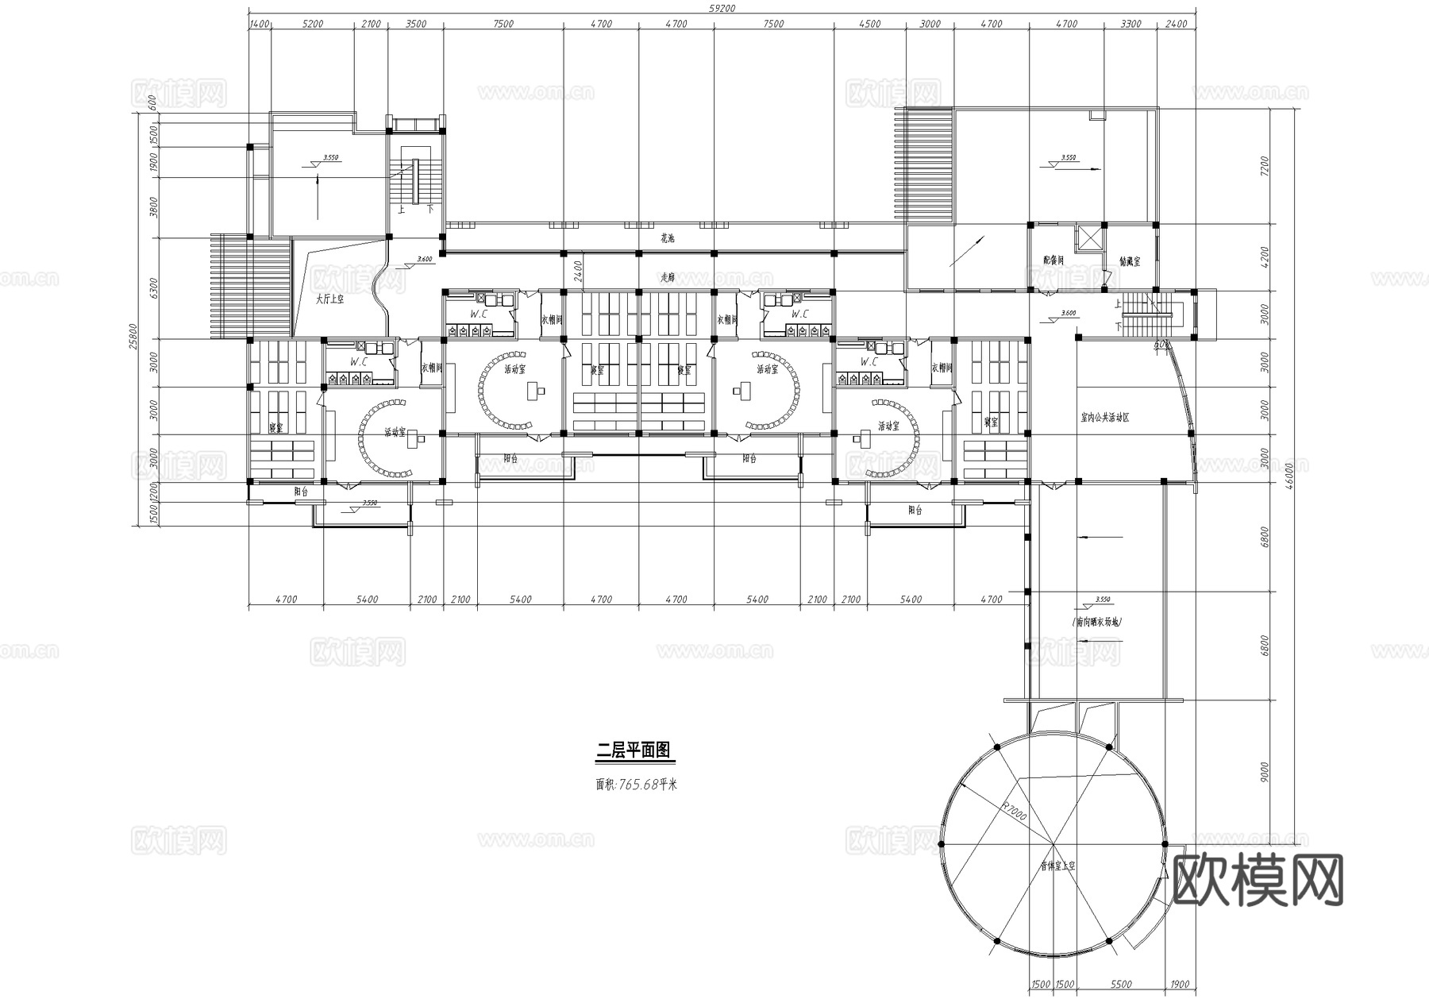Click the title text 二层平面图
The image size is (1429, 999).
(634, 750)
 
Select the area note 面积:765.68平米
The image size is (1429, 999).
(636, 785)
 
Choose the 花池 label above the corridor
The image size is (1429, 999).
(668, 238)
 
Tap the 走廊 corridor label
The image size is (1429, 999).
(668, 278)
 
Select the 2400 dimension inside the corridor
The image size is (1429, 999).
(578, 272)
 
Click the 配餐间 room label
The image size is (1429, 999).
(1053, 260)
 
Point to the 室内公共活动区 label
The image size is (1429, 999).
(1104, 417)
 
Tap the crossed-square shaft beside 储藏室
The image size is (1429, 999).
(1088, 239)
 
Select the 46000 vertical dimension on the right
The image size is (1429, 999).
(1290, 478)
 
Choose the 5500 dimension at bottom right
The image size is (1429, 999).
(1121, 985)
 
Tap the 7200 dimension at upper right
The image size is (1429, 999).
(1265, 166)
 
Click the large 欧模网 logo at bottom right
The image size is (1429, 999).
(1258, 880)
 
